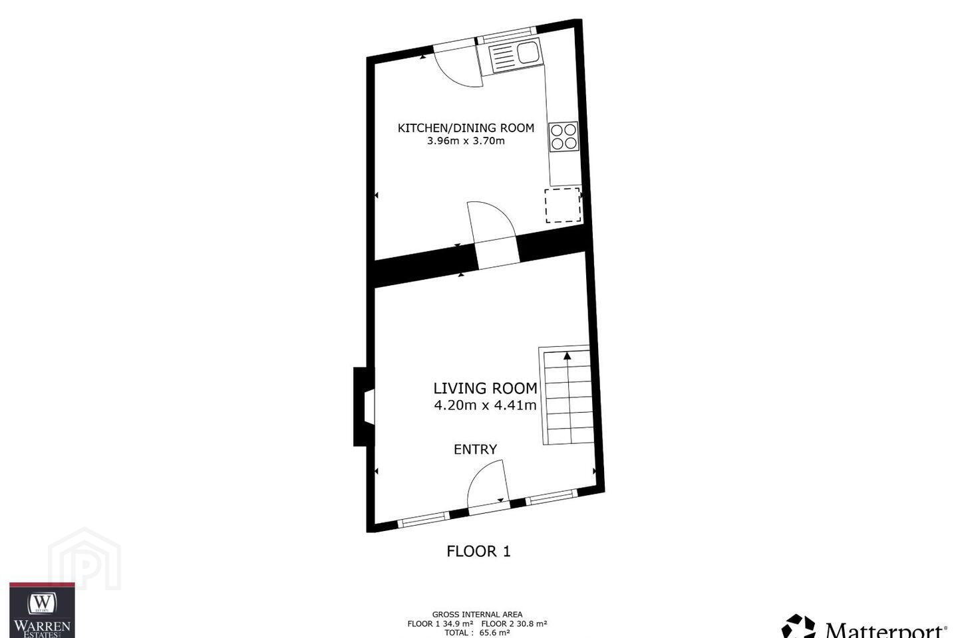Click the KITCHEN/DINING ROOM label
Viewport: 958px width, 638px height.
click(x=466, y=128)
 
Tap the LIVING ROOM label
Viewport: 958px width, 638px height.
click(x=485, y=388)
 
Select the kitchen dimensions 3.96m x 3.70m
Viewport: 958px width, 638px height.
click(x=466, y=141)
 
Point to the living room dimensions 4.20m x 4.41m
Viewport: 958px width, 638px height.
click(x=485, y=405)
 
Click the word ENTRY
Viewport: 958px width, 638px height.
click(x=475, y=449)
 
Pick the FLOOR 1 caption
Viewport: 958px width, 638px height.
click(x=478, y=551)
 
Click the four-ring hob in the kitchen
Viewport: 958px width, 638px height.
click(x=563, y=136)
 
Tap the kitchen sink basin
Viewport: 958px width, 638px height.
click(x=528, y=53)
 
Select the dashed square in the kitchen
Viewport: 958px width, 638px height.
click(x=562, y=205)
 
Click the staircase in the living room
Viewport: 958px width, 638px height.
click(x=567, y=395)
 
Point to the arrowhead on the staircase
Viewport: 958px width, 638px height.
click(x=567, y=356)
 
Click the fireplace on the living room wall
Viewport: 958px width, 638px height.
click(x=364, y=406)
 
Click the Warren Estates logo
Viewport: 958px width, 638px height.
click(x=42, y=610)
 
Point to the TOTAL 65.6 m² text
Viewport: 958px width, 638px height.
click(x=477, y=633)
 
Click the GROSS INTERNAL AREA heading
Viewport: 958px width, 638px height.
click(x=477, y=615)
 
